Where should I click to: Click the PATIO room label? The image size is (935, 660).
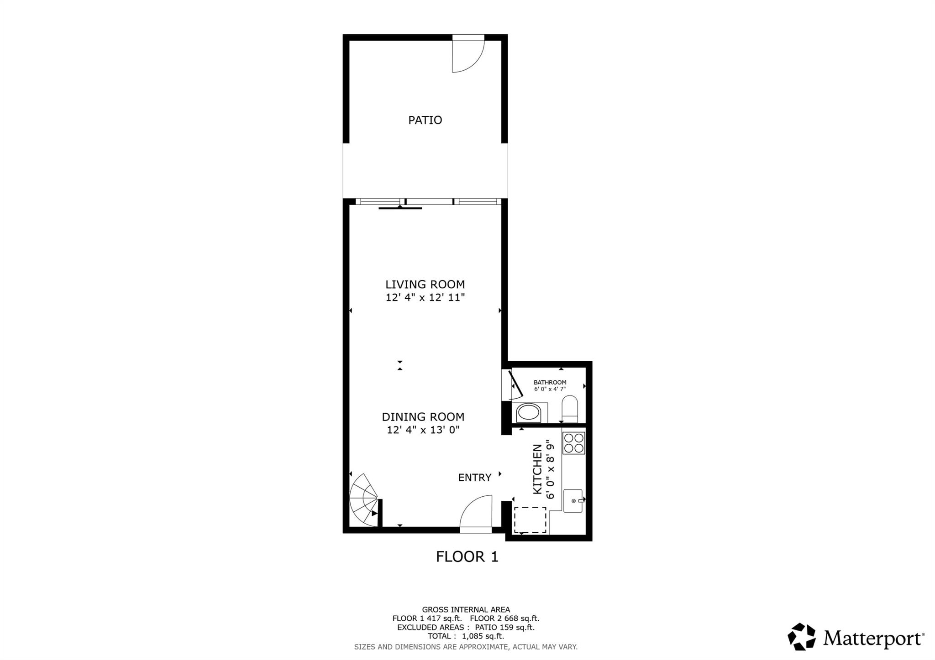click(425, 120)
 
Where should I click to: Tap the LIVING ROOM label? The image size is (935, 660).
click(425, 284)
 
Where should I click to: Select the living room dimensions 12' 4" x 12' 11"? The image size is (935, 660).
click(425, 297)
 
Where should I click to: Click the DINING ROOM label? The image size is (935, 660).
click(423, 416)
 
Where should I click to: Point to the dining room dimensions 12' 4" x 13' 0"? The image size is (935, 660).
click(423, 430)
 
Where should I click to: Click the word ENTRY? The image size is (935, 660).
click(475, 477)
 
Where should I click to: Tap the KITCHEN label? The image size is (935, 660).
click(538, 469)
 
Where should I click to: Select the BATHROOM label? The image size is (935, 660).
click(550, 382)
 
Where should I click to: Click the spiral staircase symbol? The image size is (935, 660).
click(364, 500)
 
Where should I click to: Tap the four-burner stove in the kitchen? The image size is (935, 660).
click(574, 443)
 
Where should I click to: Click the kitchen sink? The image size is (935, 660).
click(573, 501)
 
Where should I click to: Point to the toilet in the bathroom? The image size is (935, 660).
click(569, 409)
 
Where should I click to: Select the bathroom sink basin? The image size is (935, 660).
click(529, 413)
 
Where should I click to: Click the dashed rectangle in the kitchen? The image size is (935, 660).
click(530, 520)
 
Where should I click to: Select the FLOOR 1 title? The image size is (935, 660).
click(467, 556)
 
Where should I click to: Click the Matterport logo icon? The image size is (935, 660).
click(802, 636)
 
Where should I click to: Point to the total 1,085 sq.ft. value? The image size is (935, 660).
click(483, 636)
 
